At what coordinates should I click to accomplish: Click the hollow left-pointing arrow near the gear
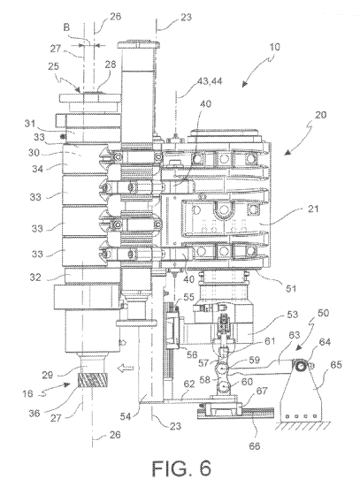[x=126, y=369]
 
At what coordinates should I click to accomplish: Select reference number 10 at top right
[x=275, y=48]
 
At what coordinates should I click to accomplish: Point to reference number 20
[x=320, y=115]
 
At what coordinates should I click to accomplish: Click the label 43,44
[x=210, y=81]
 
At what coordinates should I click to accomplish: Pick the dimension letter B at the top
[x=66, y=27]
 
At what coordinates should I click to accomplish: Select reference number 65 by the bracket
[x=335, y=365]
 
